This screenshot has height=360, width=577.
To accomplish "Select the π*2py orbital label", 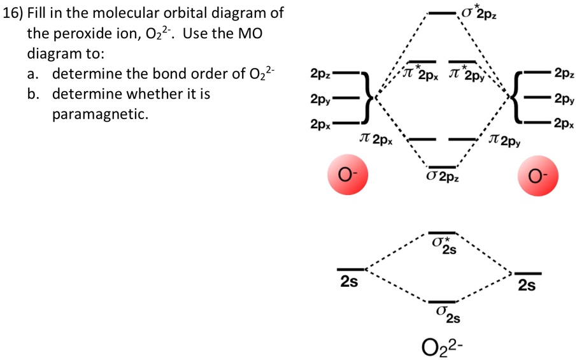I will [467, 75].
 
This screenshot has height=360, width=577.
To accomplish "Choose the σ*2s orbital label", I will [443, 245].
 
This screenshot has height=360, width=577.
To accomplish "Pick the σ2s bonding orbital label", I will [445, 313].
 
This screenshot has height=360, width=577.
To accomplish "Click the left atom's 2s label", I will [348, 282].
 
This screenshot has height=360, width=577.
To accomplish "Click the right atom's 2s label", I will [527, 286].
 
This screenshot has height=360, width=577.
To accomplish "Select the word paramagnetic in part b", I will [99, 115].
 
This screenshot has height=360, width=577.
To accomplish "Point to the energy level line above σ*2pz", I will [442, 12].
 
